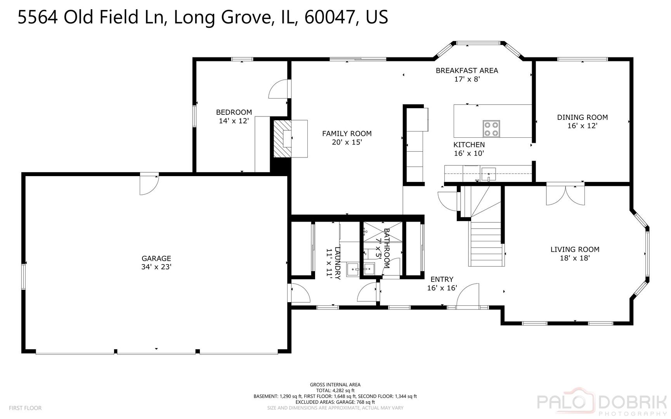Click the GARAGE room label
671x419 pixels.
point(156,258)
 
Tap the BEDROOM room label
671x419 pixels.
point(234,113)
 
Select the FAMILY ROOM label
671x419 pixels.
point(347,133)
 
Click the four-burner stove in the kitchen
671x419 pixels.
point(491,128)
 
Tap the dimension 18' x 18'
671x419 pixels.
point(575,258)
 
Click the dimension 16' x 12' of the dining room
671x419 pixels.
point(582,126)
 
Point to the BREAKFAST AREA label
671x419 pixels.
point(467,71)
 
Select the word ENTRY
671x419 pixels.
point(442,279)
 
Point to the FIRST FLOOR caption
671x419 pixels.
point(25,408)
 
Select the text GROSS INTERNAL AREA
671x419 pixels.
point(335,385)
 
